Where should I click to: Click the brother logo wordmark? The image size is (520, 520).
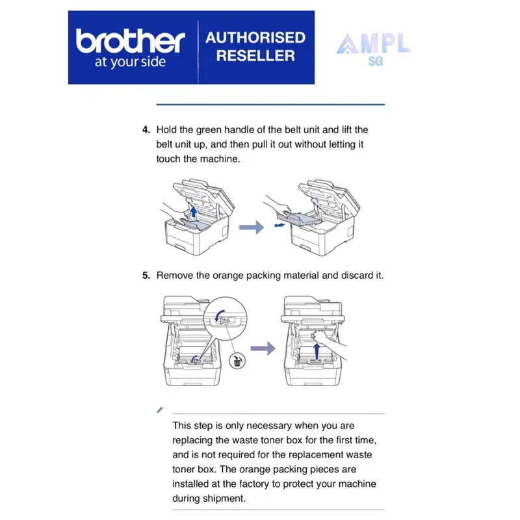tap(131, 41)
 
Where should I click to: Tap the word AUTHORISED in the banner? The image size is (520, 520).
tap(255, 38)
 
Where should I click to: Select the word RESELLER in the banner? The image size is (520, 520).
tap(255, 55)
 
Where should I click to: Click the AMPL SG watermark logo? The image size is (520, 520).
tap(373, 49)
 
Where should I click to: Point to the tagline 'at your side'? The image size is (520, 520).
tap(131, 62)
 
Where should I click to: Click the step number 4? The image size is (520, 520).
tap(146, 129)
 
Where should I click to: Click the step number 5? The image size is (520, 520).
tap(146, 275)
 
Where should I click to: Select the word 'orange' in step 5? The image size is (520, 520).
tap(228, 276)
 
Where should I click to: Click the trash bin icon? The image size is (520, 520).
tap(237, 361)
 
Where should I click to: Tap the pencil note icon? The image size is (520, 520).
tap(159, 410)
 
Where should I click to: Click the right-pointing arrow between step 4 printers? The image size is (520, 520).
tap(252, 227)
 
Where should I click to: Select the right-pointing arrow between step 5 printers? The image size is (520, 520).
tap(263, 348)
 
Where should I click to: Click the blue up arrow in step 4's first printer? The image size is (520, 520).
tap(194, 211)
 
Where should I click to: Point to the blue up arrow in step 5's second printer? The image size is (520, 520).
tap(317, 351)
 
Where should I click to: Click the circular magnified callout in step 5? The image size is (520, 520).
tap(225, 318)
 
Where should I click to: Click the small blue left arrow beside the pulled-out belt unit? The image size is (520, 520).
tap(279, 225)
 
